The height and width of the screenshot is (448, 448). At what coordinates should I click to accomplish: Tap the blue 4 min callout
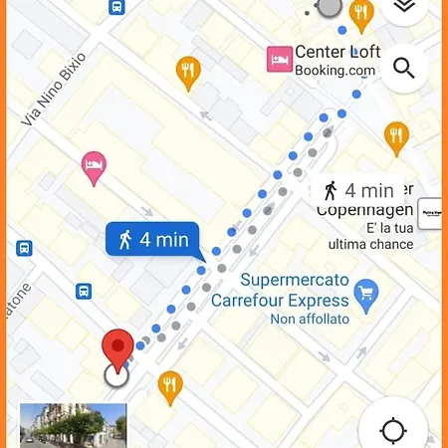[x=152, y=240]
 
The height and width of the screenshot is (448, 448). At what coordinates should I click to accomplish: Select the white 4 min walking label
[x=360, y=190]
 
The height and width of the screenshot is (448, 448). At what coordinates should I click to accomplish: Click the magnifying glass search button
[x=403, y=68]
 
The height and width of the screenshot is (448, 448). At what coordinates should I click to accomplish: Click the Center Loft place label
[x=337, y=53]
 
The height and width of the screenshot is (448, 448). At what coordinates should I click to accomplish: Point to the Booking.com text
[x=336, y=71]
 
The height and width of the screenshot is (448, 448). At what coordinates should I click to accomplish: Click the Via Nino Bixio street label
[x=53, y=90]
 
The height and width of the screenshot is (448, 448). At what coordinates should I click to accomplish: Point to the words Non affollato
[x=310, y=319]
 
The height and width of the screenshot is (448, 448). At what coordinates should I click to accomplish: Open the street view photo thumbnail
[x=73, y=425]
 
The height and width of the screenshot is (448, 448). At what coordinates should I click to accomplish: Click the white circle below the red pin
[x=116, y=374]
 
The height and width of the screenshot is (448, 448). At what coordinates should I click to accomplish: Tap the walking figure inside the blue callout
[x=125, y=240]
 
